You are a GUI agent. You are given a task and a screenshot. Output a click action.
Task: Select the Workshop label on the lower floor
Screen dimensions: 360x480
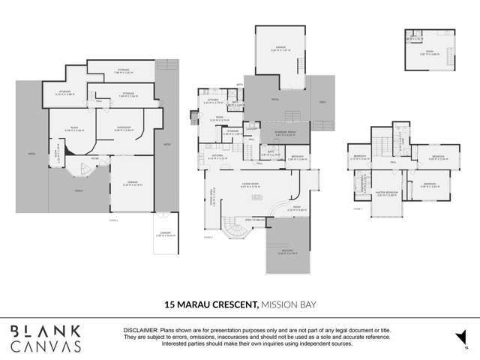pyautogui.click(x=124, y=129)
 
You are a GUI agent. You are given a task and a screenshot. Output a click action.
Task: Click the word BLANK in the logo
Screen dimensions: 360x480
pyautogui.click(x=45, y=331)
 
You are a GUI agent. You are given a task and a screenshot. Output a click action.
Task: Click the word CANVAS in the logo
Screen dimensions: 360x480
pyautogui.click(x=45, y=346)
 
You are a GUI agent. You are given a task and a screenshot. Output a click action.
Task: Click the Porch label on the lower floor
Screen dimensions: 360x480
pyautogui.click(x=79, y=190)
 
